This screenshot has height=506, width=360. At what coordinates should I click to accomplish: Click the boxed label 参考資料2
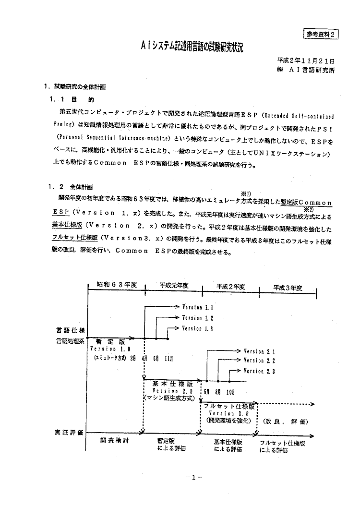point(321,34)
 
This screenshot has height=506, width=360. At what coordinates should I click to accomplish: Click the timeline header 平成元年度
point(174,286)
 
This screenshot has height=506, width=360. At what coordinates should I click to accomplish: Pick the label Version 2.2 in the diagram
point(259,361)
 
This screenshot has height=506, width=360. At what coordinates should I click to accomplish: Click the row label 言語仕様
point(70,331)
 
